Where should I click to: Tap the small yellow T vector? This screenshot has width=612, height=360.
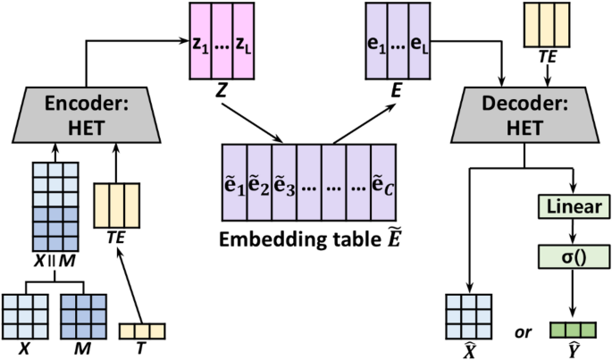(143, 331)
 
